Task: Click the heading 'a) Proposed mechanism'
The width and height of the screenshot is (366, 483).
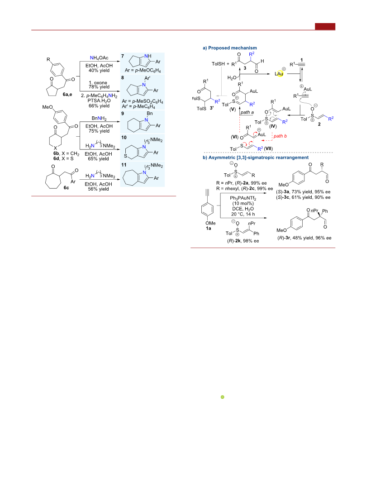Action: click(230, 48)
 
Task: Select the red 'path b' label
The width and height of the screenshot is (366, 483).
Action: click(280, 136)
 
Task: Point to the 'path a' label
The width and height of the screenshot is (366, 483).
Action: click(247, 112)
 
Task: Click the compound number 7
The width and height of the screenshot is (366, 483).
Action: click(123, 56)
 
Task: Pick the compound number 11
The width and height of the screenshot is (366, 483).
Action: click(124, 165)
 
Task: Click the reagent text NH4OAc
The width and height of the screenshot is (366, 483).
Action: click(99, 58)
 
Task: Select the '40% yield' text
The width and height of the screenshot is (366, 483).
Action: click(99, 70)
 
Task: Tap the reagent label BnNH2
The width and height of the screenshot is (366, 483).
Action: click(99, 119)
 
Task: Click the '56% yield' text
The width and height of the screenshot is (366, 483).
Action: click(99, 189)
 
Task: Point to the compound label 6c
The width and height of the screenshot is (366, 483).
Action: click(66, 187)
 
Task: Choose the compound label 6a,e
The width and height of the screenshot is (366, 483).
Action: click(67, 94)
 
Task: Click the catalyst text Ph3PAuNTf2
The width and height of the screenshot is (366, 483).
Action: click(243, 198)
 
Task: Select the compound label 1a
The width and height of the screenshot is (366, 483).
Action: click(209, 228)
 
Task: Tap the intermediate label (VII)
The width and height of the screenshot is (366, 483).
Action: click(268, 148)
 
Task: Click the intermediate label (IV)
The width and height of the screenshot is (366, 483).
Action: click(273, 126)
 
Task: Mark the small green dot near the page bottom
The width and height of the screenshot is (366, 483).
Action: click(223, 397)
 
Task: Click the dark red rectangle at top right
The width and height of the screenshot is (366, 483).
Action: click(325, 27)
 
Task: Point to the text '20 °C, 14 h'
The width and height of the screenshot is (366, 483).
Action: click(243, 214)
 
